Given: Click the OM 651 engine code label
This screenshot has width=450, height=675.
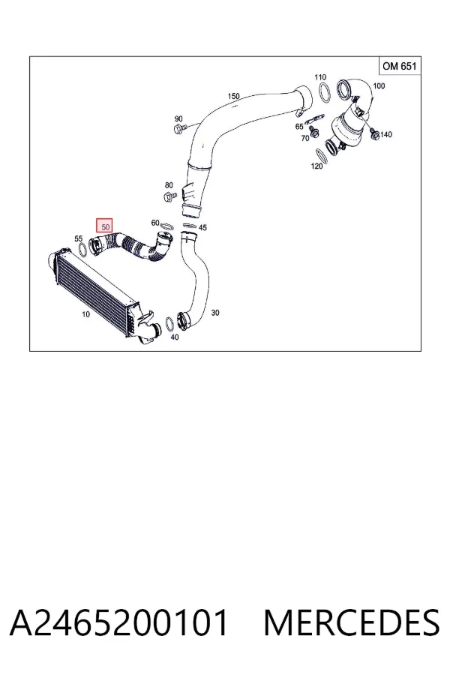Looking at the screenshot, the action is click(399, 66).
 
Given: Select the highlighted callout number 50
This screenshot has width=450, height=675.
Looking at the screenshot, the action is click(104, 226).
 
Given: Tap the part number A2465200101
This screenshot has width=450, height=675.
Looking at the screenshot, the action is click(119, 622).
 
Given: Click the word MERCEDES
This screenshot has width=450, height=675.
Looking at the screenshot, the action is click(352, 622).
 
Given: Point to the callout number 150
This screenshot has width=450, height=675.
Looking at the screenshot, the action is click(233, 96).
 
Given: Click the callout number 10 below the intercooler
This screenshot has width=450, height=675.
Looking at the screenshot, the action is click(85, 314).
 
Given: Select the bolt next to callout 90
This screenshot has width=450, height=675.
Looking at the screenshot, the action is click(181, 127).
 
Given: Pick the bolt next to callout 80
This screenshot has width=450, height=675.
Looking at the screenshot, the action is click(170, 196).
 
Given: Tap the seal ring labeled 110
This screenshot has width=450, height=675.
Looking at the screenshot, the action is click(325, 93).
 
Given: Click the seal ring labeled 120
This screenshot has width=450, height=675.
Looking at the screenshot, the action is click(321, 157).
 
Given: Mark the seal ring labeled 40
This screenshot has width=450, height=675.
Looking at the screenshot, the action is click(170, 324).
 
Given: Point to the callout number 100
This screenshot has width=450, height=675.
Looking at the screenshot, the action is click(379, 85).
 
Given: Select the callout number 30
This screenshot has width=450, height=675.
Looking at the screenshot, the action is click(215, 313).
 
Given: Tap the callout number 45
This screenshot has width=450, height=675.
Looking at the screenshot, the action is click(202, 227).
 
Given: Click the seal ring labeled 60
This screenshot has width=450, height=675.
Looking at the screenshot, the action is click(167, 226).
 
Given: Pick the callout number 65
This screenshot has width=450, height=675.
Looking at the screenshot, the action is click(299, 127).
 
